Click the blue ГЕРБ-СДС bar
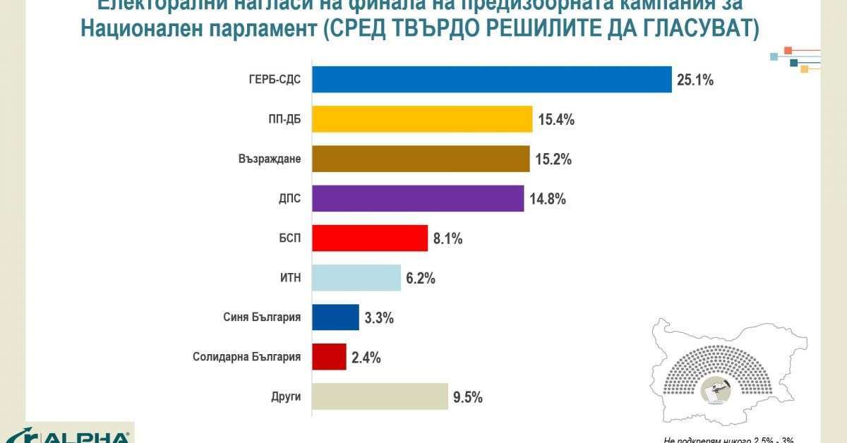pos(491,80)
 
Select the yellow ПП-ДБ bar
pos(422,119)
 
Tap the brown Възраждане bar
pos(421,159)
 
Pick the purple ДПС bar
pos(418,198)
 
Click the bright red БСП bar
pos(370,238)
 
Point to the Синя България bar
pos(336,317)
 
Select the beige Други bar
pos(380,396)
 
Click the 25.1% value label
pos(696,80)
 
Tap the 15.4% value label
pos(557,119)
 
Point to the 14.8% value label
pos(548,199)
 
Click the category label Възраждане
pos(270,159)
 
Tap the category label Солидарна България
pos(247,357)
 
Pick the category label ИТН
pos(291,278)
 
